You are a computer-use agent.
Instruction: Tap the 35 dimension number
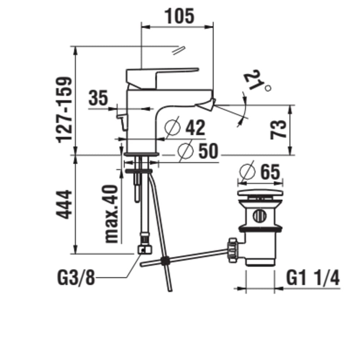point(98,98)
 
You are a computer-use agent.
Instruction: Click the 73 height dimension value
point(279,129)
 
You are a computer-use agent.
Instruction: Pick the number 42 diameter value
point(195,128)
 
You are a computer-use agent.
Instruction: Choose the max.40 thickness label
point(111,214)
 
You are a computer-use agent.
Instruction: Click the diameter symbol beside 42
point(172,127)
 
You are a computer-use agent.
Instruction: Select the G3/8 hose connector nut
point(145,250)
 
